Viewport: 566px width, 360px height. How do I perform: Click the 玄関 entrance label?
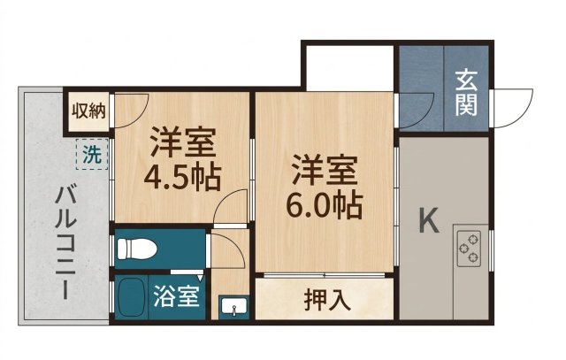[x=466, y=93]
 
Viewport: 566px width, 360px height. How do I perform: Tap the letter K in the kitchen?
[x=429, y=220]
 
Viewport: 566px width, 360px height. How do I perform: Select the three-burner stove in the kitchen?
[x=470, y=248]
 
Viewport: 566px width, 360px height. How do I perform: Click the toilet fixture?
[x=137, y=249]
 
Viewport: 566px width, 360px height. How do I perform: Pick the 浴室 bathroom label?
[x=176, y=296]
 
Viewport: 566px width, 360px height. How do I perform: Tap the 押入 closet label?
[x=327, y=300]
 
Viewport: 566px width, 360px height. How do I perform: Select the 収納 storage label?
[x=88, y=111]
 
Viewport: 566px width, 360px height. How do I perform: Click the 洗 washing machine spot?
[x=92, y=154]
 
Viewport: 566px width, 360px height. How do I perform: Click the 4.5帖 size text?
[x=182, y=178]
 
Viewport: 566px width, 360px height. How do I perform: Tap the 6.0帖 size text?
[x=325, y=206]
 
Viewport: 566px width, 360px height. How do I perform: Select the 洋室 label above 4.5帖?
[x=183, y=142]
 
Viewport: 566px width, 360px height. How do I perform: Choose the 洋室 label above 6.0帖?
[x=325, y=170]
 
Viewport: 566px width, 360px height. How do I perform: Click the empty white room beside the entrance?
[x=349, y=68]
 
